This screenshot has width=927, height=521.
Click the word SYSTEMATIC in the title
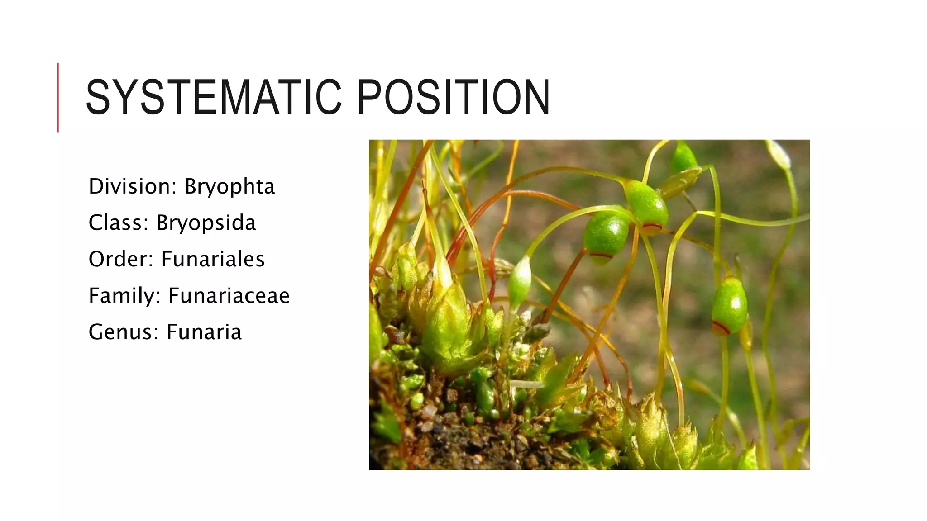tap(213, 98)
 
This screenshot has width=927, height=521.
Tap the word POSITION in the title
tap(453, 98)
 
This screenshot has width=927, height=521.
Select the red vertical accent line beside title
tap(58, 97)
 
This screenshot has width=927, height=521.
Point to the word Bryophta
tap(229, 187)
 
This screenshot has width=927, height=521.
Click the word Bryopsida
tap(206, 223)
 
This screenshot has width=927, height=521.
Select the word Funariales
tap(213, 259)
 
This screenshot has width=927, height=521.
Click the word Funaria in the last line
tap(204, 332)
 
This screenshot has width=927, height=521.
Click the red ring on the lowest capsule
tap(721, 327)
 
